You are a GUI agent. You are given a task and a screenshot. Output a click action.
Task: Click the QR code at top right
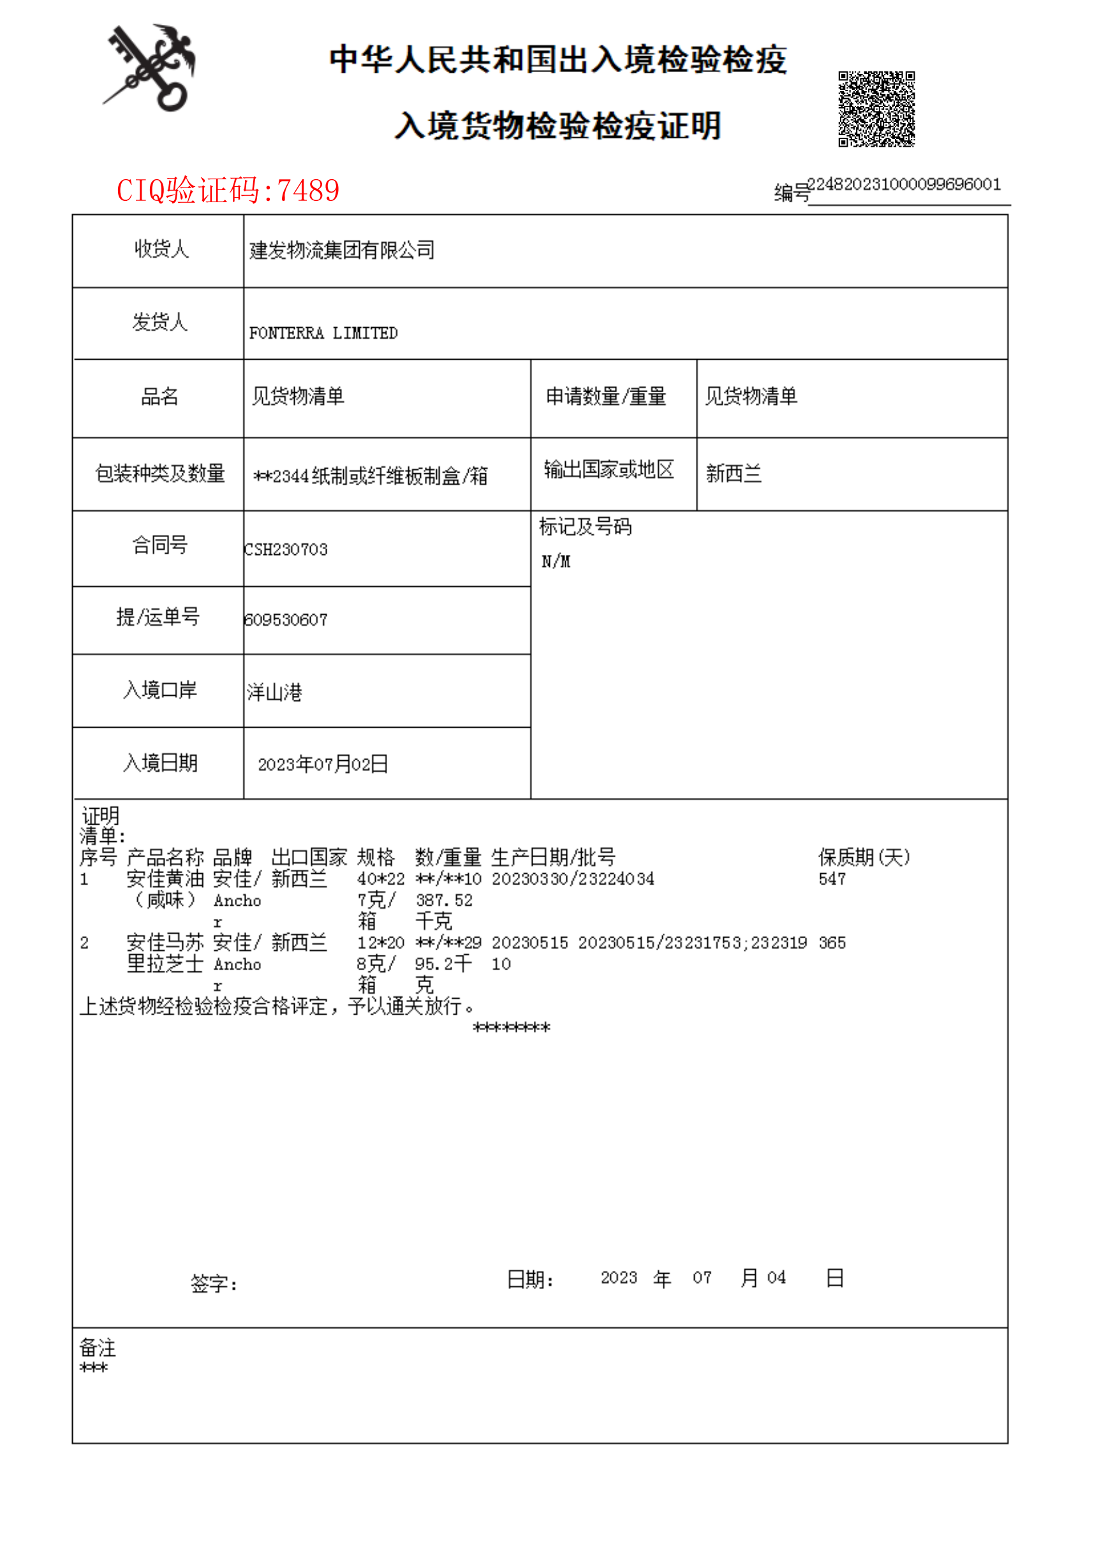(x=876, y=109)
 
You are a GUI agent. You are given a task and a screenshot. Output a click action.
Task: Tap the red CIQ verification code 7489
(x=228, y=191)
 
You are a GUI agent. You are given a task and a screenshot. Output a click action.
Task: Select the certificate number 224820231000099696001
(x=904, y=185)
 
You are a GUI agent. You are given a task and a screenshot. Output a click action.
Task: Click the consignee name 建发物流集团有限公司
(x=342, y=251)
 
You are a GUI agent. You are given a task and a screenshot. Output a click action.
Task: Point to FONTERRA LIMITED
(x=323, y=333)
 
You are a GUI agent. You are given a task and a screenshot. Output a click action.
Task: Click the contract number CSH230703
(x=286, y=550)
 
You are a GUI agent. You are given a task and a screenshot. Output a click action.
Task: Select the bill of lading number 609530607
(x=286, y=620)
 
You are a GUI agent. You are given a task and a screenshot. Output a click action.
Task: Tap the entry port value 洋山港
(x=275, y=692)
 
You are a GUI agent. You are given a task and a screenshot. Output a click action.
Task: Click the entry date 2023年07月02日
(x=323, y=765)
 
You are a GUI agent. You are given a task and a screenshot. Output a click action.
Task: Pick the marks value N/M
(x=556, y=562)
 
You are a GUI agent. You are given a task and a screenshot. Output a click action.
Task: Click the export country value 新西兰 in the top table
(x=734, y=474)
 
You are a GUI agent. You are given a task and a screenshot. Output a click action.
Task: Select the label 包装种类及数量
(x=159, y=474)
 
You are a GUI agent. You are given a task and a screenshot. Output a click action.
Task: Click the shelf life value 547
(x=832, y=879)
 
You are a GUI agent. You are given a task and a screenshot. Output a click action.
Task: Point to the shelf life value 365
(x=832, y=943)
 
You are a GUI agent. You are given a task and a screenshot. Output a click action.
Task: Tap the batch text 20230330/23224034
(x=573, y=879)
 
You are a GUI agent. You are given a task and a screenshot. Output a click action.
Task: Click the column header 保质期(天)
(x=864, y=857)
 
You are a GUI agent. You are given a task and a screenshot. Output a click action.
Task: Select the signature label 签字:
(x=214, y=1284)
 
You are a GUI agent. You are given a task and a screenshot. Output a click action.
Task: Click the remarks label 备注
(x=98, y=1348)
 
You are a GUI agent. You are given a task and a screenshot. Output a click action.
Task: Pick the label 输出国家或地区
(x=609, y=469)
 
